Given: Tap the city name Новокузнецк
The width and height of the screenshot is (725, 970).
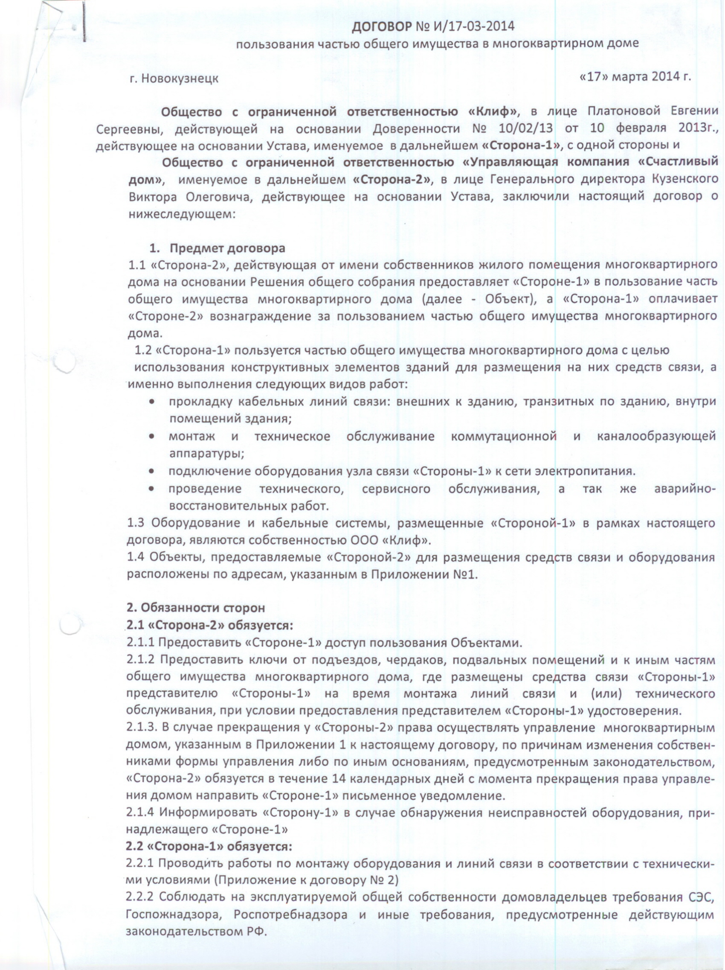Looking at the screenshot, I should [180, 79].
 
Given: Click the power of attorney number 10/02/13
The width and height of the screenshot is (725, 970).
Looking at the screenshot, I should [525, 129].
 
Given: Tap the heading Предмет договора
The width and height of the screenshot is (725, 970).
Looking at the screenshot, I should [227, 248].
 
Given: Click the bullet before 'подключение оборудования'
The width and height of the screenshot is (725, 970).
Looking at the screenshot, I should [152, 472].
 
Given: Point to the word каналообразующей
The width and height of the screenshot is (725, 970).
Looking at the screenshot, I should [656, 436].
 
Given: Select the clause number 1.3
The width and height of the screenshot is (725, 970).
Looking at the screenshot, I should [136, 523].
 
